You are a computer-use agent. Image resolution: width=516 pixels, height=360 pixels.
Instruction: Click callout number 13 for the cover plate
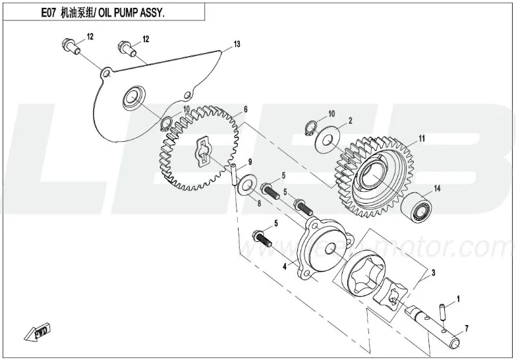(x=237, y=45)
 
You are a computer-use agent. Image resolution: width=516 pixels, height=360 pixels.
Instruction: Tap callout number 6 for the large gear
(x=245, y=109)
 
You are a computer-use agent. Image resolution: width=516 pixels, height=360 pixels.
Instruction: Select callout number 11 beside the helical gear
(x=422, y=138)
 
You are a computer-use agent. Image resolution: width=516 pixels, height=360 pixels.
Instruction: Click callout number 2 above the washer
(x=351, y=121)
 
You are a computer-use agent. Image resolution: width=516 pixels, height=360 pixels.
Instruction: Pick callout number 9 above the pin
(x=250, y=162)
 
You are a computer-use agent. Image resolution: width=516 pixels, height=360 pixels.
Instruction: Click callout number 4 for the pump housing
(x=284, y=267)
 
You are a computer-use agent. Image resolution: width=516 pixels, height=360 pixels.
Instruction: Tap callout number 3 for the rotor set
(x=433, y=272)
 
